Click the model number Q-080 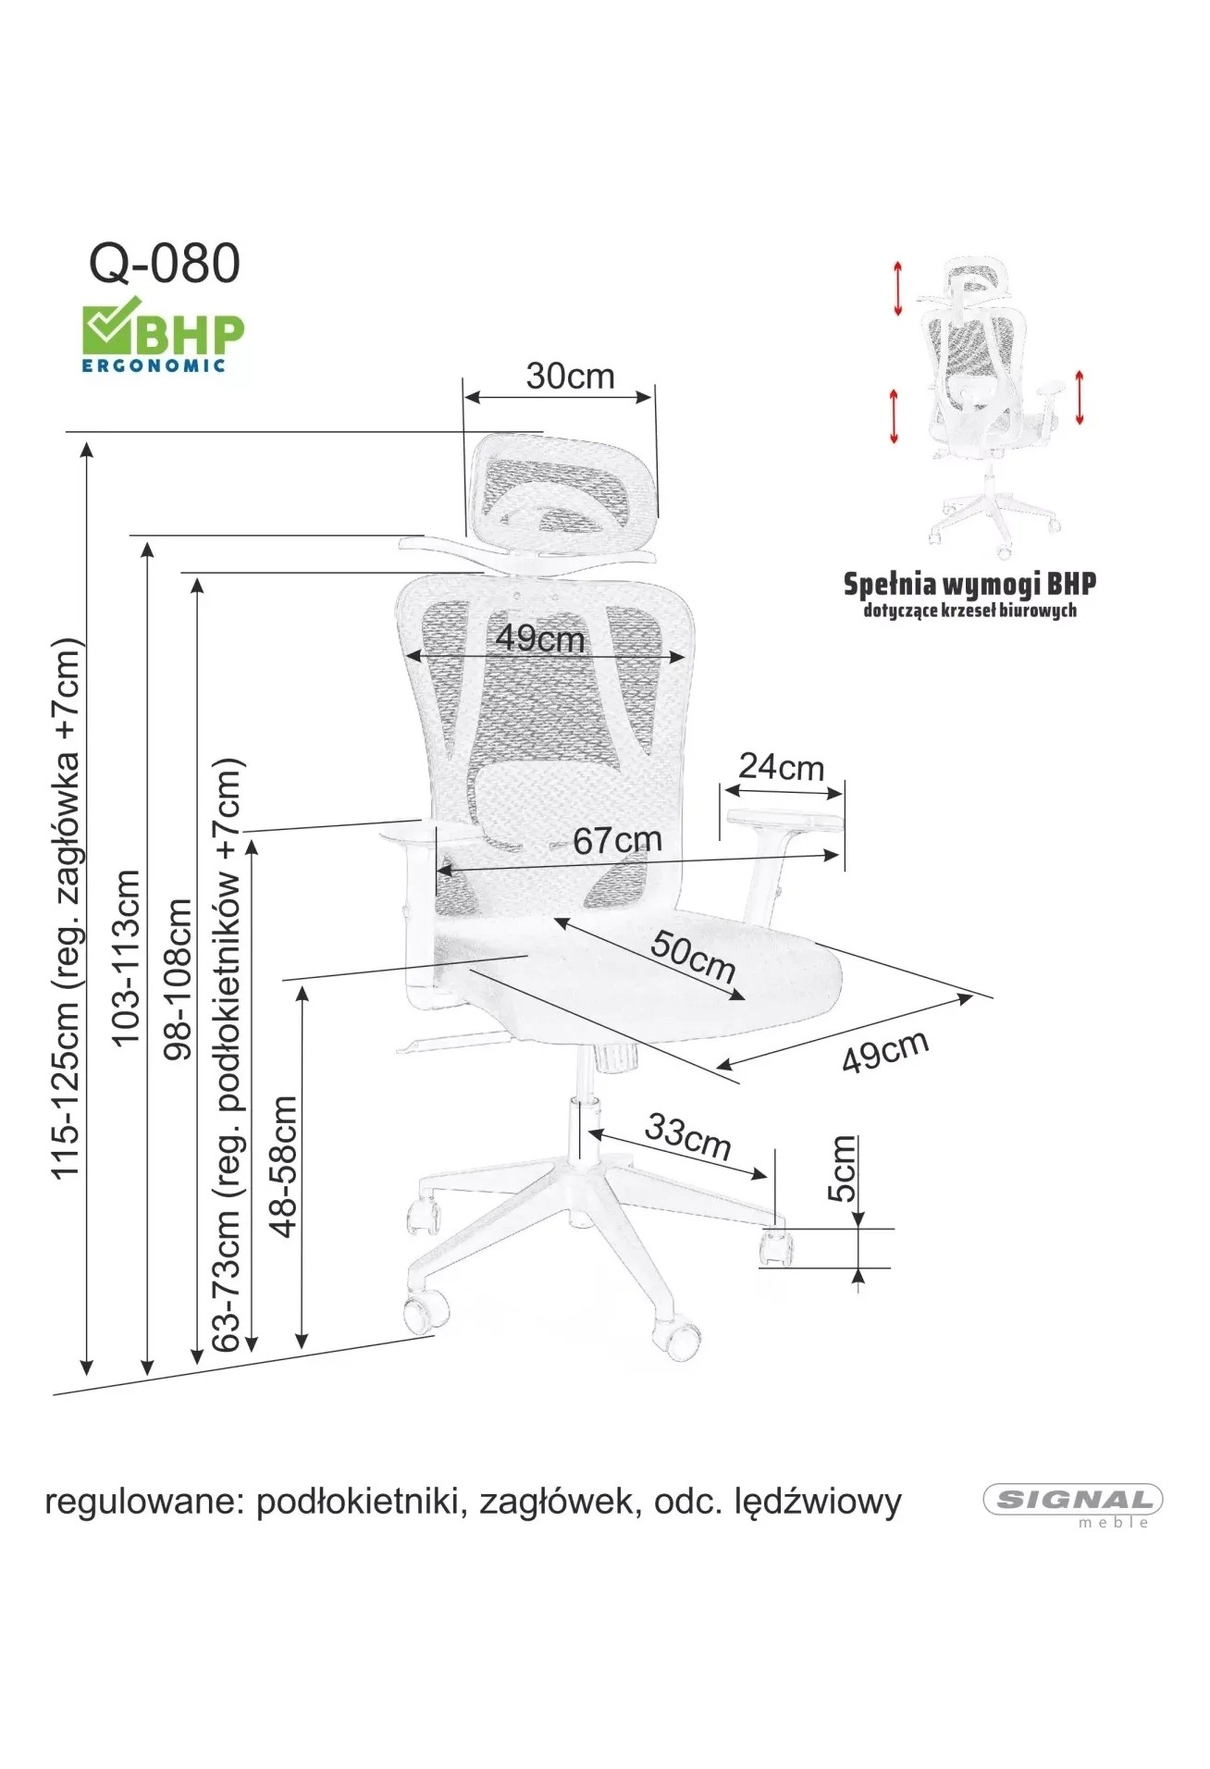pos(165,264)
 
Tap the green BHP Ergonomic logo pos(163,334)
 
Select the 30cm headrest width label pos(570,377)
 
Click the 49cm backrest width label pos(540,638)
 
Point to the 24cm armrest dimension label pos(781,767)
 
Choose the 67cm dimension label pos(617,840)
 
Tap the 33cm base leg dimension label pos(688,1135)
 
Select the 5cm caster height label pos(842,1169)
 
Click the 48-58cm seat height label pos(283,1166)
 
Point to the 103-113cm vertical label pos(126,958)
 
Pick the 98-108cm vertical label pos(177,978)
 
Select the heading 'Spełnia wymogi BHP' pos(969,585)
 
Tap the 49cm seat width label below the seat pos(885,1051)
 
